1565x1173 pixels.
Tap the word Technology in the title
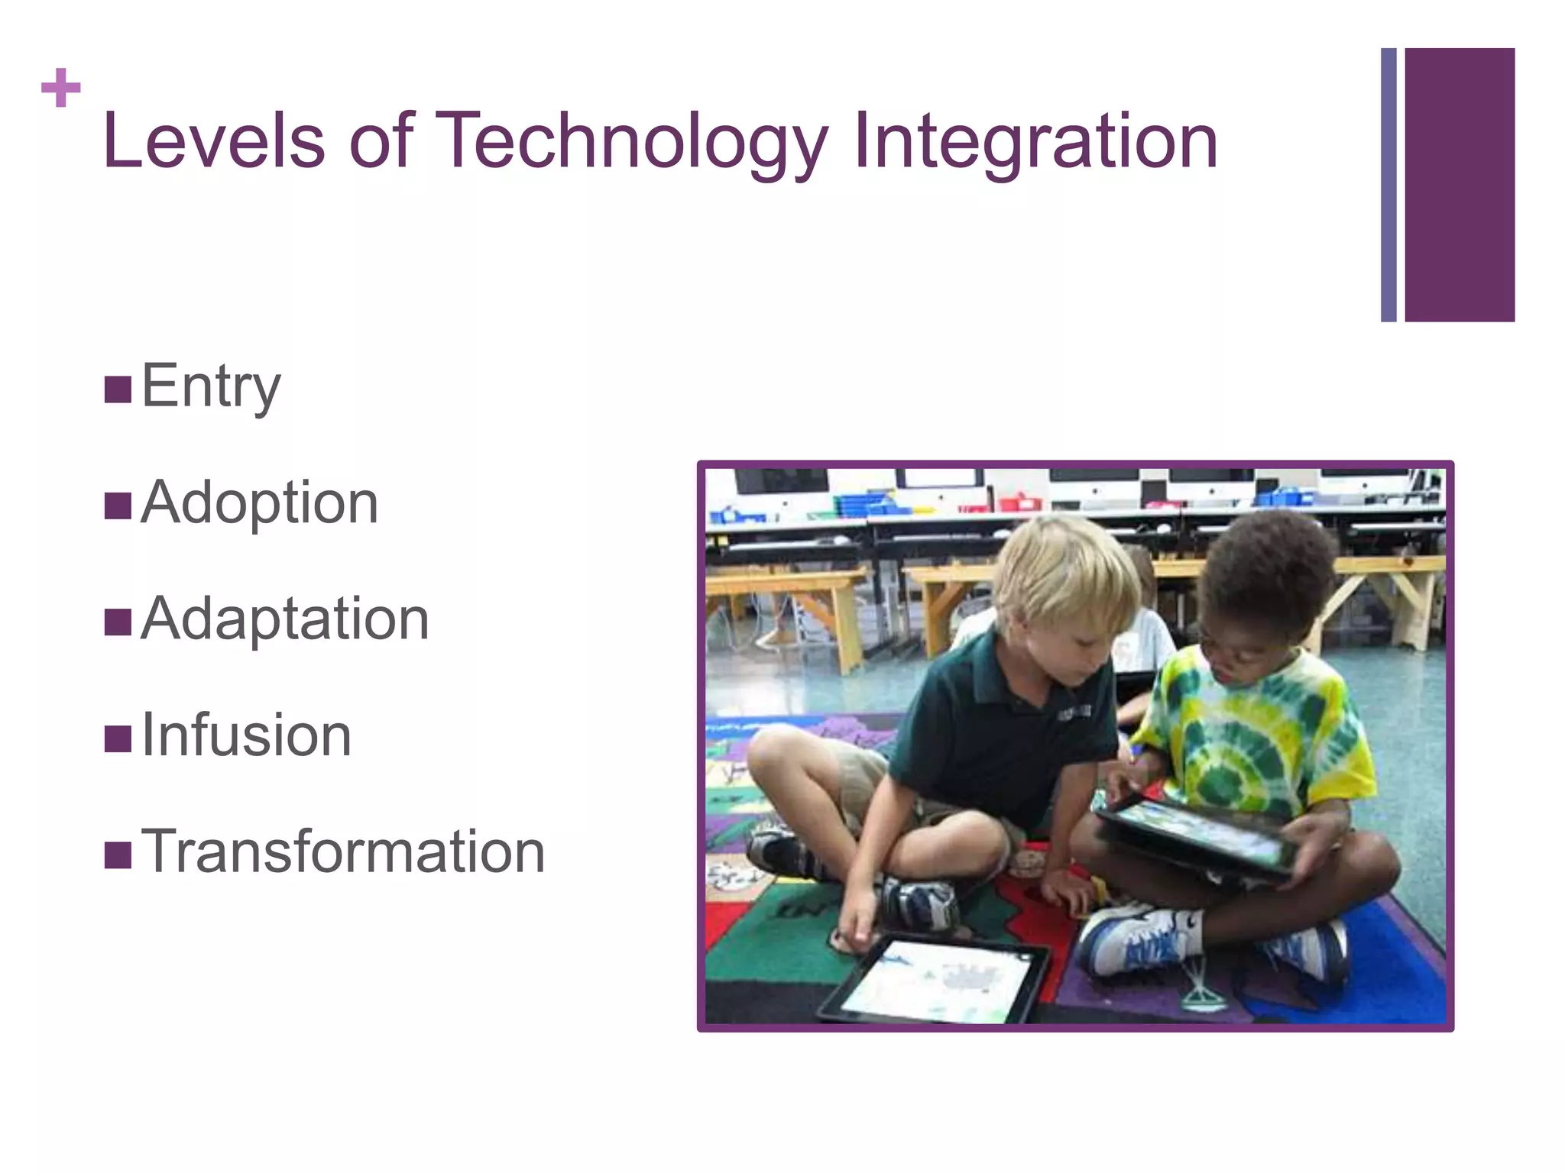[634, 142]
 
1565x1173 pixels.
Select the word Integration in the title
[1035, 142]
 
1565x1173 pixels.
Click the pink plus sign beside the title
[60, 89]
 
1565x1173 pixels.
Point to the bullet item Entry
[211, 386]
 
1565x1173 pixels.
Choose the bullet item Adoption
[260, 502]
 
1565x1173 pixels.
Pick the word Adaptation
[285, 619]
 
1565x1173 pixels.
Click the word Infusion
[247, 735]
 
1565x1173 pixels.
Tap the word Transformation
[343, 851]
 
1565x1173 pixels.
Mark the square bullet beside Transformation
[118, 855]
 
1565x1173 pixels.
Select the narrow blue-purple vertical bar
[1388, 185]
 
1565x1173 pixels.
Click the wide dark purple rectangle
[1460, 185]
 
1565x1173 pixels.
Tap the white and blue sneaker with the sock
[1139, 943]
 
